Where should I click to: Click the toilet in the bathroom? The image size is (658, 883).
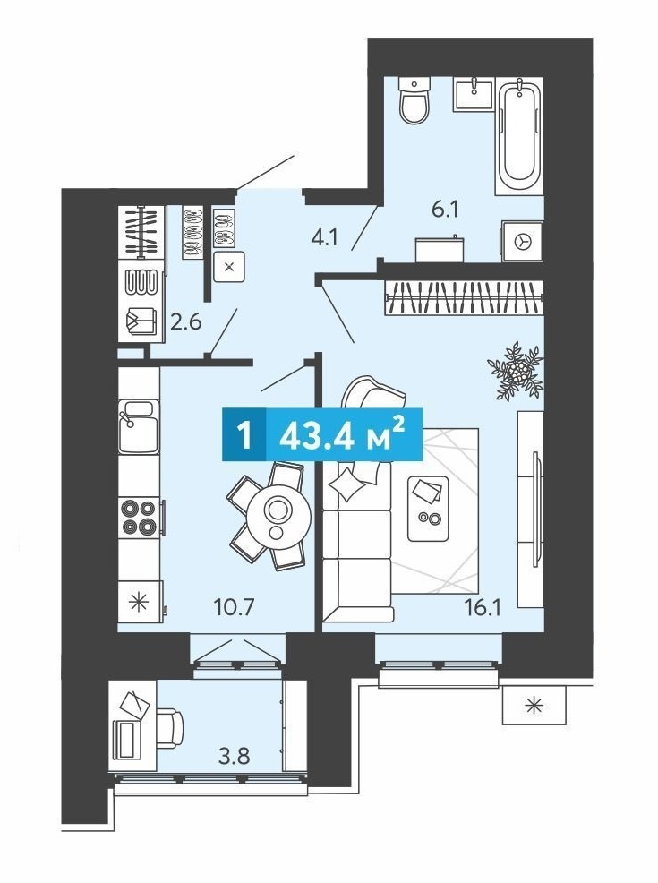click(414, 100)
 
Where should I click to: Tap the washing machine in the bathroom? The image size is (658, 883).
click(523, 241)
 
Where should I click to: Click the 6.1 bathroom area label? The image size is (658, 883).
click(445, 210)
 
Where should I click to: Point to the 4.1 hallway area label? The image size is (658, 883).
click(324, 237)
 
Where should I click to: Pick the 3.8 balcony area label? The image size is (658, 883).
click(235, 756)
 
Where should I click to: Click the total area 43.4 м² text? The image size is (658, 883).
click(342, 434)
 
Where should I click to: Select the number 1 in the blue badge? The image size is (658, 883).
click(244, 435)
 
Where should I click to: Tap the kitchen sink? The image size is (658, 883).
click(139, 426)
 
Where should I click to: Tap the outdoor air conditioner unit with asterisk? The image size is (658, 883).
click(534, 705)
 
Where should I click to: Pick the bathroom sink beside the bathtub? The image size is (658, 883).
click(473, 93)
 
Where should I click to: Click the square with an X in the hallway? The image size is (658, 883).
click(229, 267)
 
